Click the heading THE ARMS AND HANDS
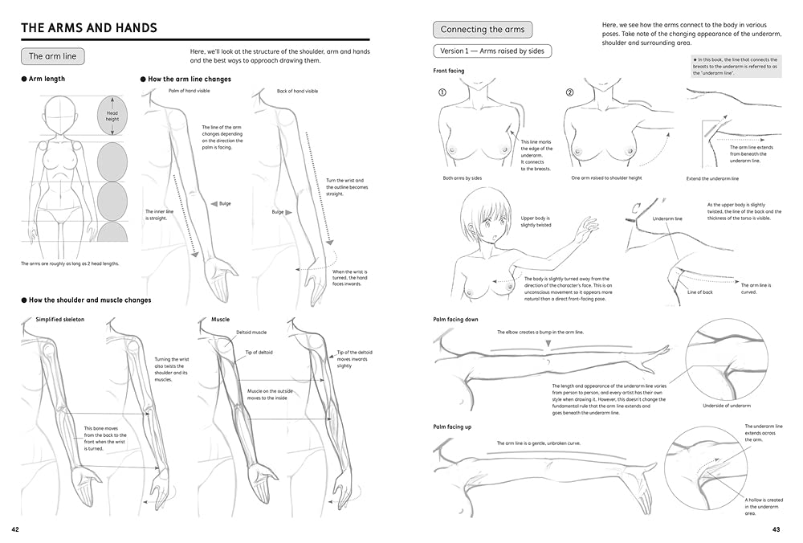tap(88, 28)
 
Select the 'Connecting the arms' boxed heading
tap(483, 30)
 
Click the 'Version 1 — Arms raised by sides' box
tap(492, 51)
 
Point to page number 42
tap(16, 529)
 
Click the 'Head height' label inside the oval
tap(112, 116)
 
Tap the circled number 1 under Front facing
tap(442, 92)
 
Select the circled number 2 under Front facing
tap(569, 92)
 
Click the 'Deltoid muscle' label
tap(251, 332)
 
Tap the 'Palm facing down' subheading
tap(455, 320)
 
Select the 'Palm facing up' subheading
tap(452, 427)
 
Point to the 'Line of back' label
tap(699, 292)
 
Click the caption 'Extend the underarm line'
tap(712, 178)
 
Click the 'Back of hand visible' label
tap(297, 92)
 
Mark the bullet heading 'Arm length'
tap(47, 79)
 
